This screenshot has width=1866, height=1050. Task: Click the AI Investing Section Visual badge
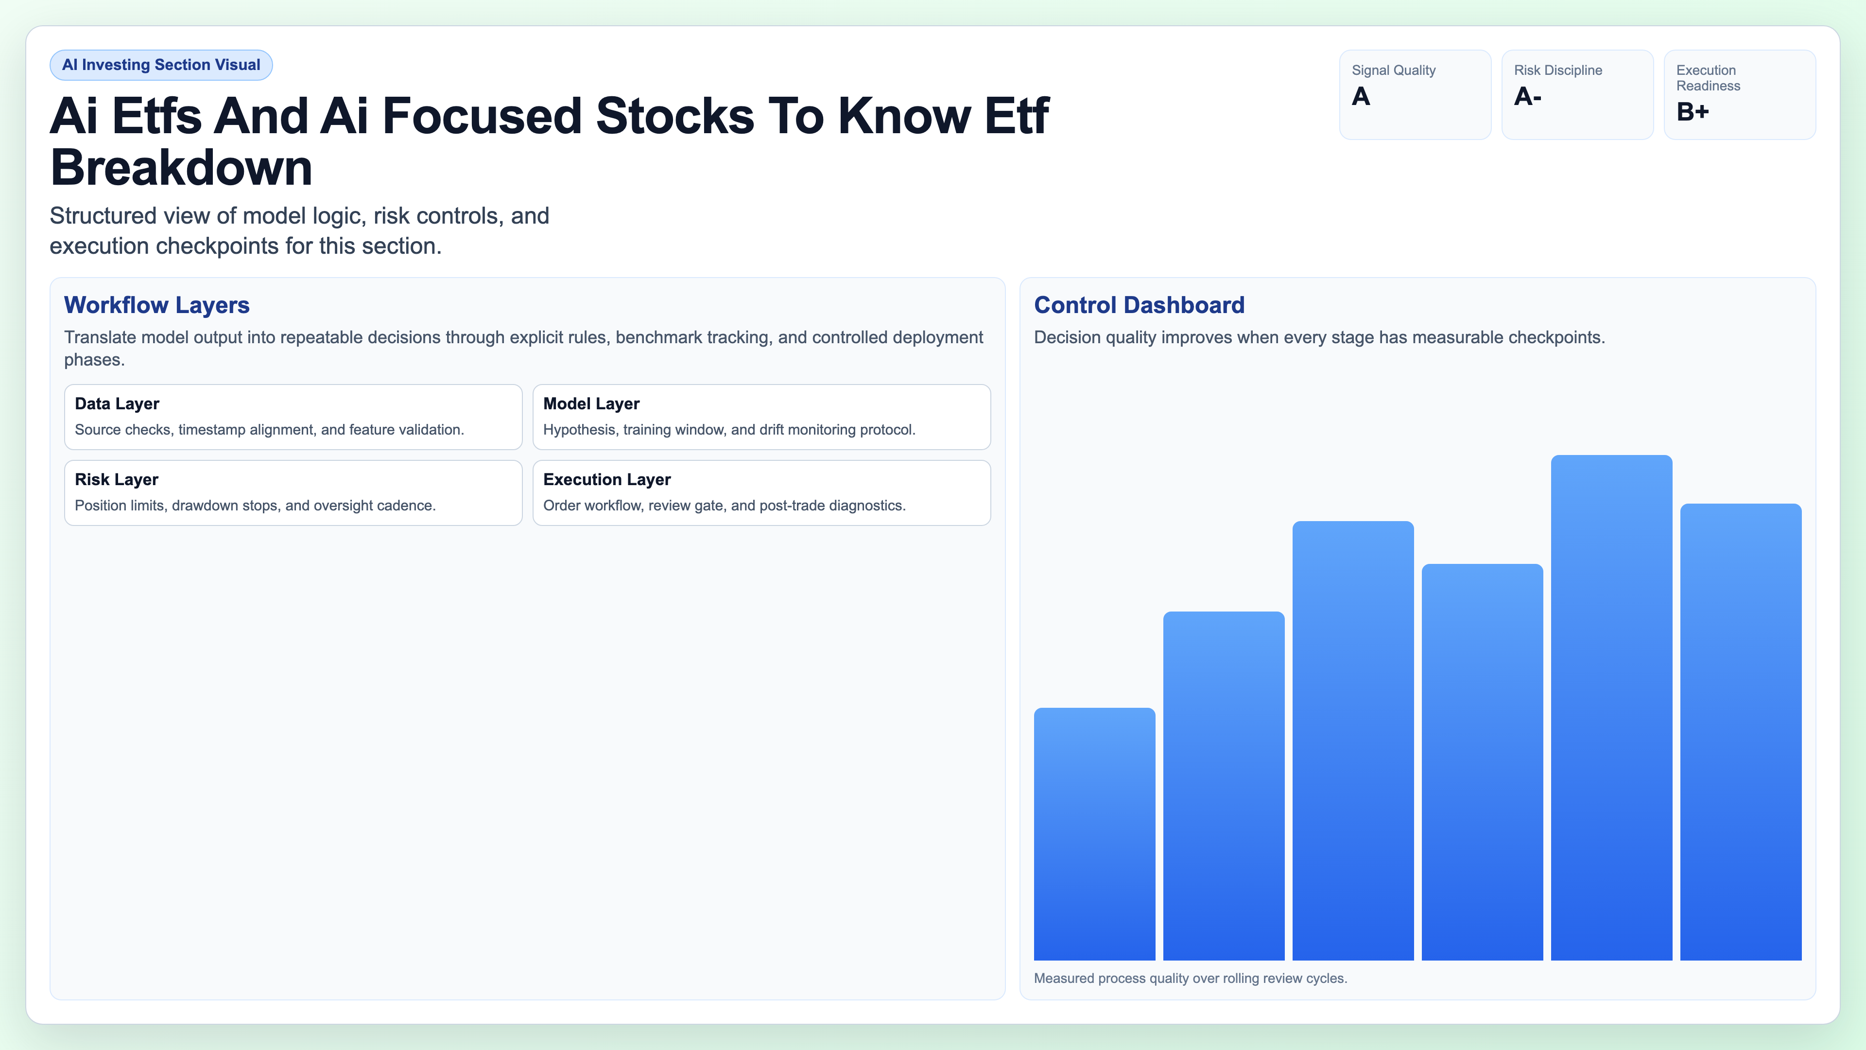point(161,65)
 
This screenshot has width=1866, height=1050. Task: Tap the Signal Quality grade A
point(1361,96)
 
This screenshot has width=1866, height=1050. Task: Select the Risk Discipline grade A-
point(1527,96)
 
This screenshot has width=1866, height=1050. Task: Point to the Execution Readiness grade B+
point(1692,112)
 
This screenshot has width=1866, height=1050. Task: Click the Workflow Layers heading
point(156,305)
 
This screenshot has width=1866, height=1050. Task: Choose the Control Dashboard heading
point(1139,305)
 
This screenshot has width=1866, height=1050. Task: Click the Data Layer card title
point(117,403)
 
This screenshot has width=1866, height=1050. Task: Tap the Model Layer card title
point(591,403)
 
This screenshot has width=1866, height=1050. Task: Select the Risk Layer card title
point(116,480)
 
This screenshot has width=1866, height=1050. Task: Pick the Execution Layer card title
point(606,480)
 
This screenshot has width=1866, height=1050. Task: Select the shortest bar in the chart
point(1094,833)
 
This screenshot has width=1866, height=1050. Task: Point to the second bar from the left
point(1224,786)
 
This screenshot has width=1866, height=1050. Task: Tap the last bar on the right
point(1740,732)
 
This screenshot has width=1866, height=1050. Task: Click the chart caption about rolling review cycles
point(1190,978)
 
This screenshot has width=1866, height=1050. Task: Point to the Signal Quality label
point(1393,70)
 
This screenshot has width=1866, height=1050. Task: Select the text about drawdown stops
point(255,506)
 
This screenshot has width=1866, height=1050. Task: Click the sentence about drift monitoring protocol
point(729,430)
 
